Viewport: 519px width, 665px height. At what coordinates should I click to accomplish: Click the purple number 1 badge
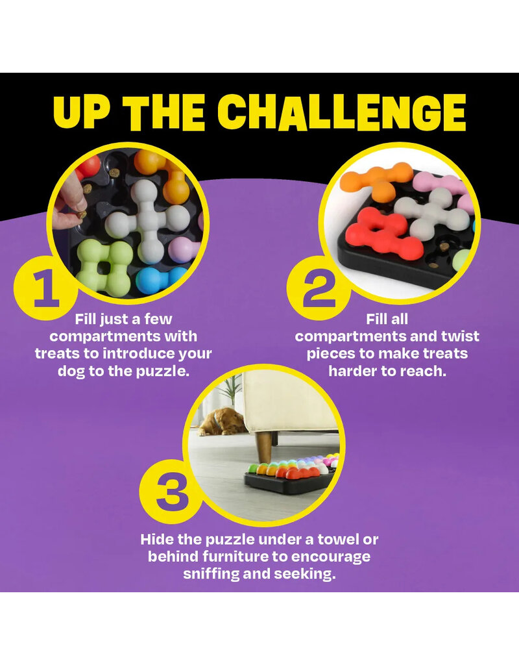pos(45,288)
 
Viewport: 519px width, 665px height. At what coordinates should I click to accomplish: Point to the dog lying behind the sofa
pos(223,421)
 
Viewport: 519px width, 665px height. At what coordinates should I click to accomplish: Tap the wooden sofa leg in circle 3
pos(264,447)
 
